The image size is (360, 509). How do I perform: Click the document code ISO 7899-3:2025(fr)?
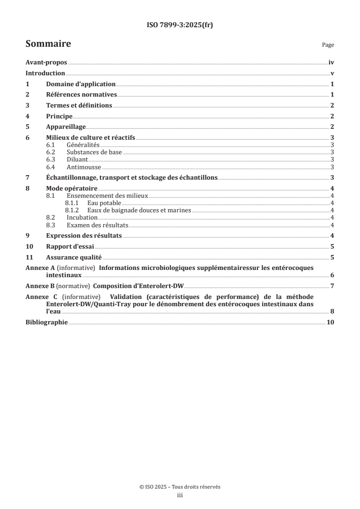tap(180, 25)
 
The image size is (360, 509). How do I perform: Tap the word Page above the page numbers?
tap(328, 45)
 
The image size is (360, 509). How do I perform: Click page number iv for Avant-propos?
tap(331, 63)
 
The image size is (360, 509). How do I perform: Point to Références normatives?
tap(82, 95)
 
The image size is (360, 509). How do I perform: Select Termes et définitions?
tap(79, 105)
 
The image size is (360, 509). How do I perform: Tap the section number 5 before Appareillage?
tap(27, 126)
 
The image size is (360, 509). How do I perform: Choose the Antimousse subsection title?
tap(83, 167)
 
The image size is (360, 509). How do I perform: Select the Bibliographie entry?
tap(47, 322)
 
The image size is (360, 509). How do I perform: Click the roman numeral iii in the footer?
tap(180, 495)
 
